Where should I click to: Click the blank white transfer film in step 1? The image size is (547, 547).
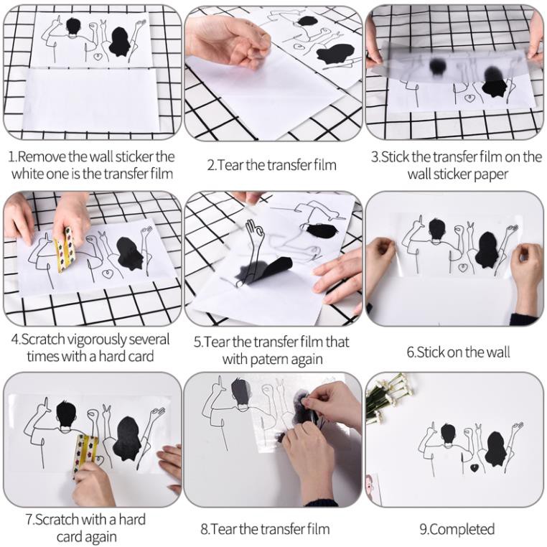[92, 100]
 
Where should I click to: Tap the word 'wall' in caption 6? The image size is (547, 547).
[495, 352]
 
